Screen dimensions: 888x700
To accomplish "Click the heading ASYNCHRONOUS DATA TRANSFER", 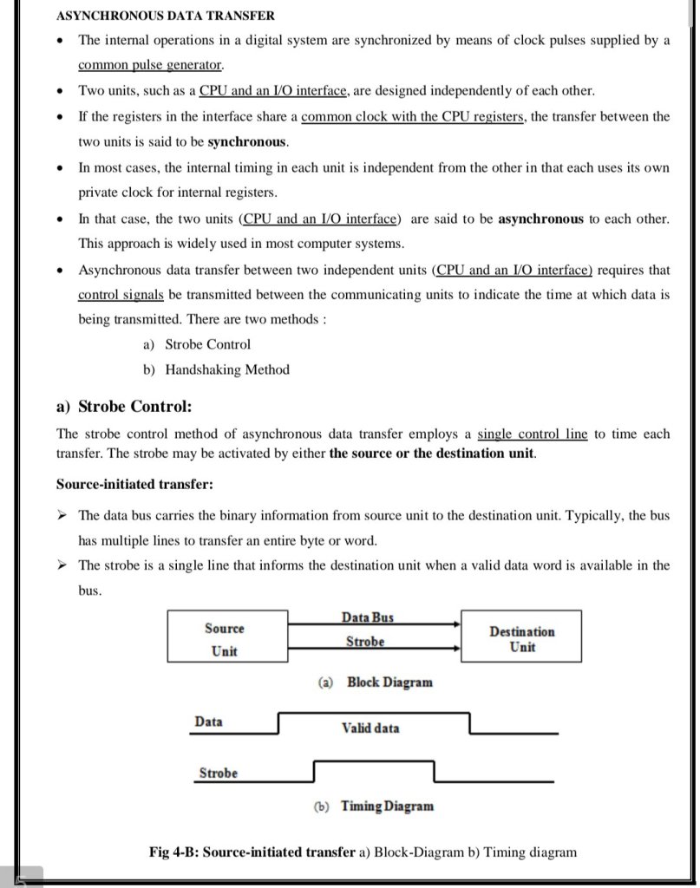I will (x=165, y=16).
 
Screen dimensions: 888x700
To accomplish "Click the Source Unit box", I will (x=224, y=639).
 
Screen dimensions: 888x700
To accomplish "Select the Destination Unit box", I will (x=521, y=639).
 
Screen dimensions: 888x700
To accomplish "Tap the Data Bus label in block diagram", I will (x=367, y=617).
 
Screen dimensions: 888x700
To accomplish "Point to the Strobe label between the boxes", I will (x=364, y=642).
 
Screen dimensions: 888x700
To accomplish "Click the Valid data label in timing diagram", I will (x=370, y=728).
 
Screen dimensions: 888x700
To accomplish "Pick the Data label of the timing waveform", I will (x=208, y=721).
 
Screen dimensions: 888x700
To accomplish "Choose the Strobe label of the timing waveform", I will (x=218, y=773).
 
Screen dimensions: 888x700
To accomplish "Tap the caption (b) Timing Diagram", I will (x=373, y=806).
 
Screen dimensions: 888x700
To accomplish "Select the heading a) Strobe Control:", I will (x=124, y=407).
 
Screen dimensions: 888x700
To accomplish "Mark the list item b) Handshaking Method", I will (x=216, y=369).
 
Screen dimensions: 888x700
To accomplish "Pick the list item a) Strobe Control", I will (x=197, y=344).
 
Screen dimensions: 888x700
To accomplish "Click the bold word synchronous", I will (x=248, y=141).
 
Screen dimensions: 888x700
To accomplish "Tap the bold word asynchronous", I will (x=540, y=219).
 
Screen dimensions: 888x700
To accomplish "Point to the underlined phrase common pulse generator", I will (x=150, y=65).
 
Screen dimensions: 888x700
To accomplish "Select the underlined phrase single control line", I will (x=533, y=434).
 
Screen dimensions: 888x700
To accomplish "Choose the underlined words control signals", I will (x=121, y=295).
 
